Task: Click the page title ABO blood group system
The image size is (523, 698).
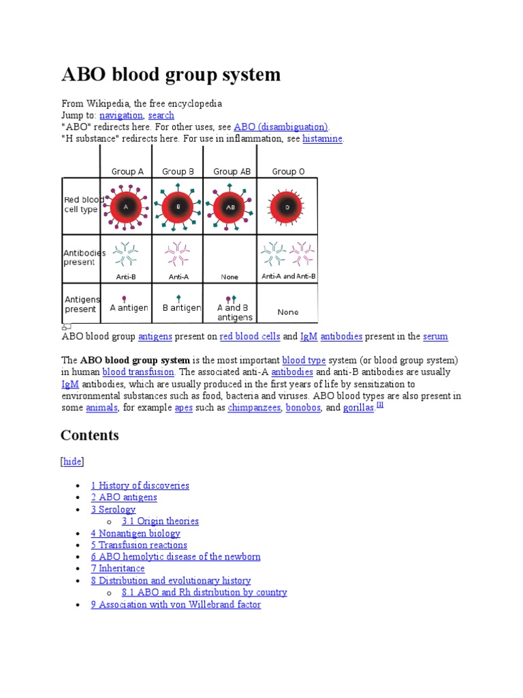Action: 170,74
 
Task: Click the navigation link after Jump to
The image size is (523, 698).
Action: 121,115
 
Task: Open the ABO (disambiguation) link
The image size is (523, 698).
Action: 281,127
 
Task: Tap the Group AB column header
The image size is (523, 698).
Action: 232,171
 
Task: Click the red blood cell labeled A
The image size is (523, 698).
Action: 126,207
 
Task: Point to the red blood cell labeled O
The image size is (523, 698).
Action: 287,207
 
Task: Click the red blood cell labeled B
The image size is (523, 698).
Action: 178,207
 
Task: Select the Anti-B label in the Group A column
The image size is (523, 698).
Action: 126,277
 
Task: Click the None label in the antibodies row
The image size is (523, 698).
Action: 229,277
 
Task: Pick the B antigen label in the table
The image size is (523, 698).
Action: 182,308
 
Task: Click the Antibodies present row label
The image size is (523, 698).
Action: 80,258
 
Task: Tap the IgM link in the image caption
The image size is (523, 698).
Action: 308,336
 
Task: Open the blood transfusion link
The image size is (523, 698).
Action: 138,372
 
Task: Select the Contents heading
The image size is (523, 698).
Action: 89,435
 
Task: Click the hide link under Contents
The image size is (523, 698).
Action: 72,461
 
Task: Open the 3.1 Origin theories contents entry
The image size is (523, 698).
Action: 160,521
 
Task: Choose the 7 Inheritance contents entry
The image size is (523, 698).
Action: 118,568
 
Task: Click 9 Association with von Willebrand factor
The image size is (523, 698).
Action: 176,604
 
